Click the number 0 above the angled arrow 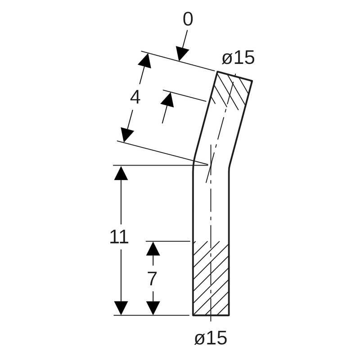188,20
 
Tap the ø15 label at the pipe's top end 238,58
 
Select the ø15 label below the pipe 211,338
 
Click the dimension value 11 119,237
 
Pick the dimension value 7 152,279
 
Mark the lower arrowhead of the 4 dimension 127,135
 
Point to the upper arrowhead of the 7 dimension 153,248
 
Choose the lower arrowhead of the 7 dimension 153,308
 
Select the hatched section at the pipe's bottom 211,279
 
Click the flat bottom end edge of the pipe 211,315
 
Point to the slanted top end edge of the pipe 234,76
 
